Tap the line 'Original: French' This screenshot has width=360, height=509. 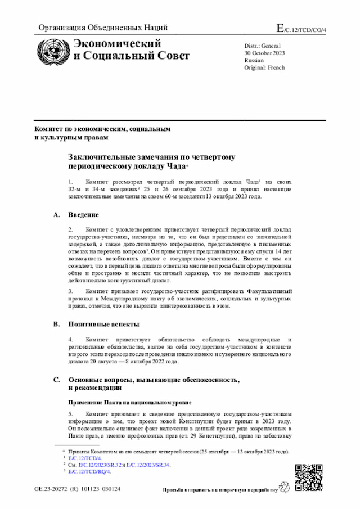(x=265, y=67)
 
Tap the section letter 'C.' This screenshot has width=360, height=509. (x=56, y=380)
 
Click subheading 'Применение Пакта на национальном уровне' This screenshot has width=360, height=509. (x=129, y=403)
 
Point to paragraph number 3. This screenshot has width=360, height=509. (x=71, y=291)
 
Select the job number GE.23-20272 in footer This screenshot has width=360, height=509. (x=52, y=489)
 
